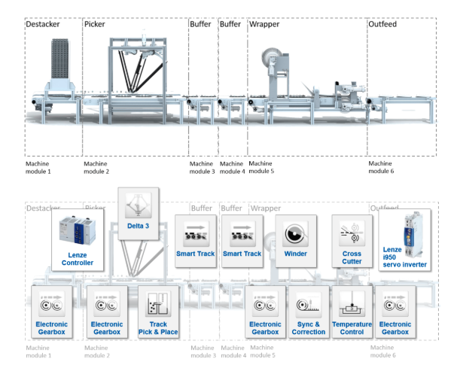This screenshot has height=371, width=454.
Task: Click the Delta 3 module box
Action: click(138, 214)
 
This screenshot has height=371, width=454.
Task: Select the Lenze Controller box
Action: click(77, 240)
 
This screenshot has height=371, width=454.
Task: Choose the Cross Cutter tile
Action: click(352, 237)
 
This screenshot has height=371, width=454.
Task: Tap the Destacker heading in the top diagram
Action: click(43, 24)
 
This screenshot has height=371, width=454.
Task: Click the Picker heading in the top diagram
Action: click(95, 24)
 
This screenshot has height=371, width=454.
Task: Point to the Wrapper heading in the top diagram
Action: click(264, 24)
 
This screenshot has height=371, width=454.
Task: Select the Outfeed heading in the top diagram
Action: click(382, 24)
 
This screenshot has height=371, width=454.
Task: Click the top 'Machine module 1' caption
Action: click(38, 167)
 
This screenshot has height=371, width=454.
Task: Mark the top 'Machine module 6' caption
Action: click(381, 167)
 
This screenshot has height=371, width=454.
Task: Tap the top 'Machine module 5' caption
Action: click(261, 167)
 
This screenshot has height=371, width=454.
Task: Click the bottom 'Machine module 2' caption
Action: click(96, 351)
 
